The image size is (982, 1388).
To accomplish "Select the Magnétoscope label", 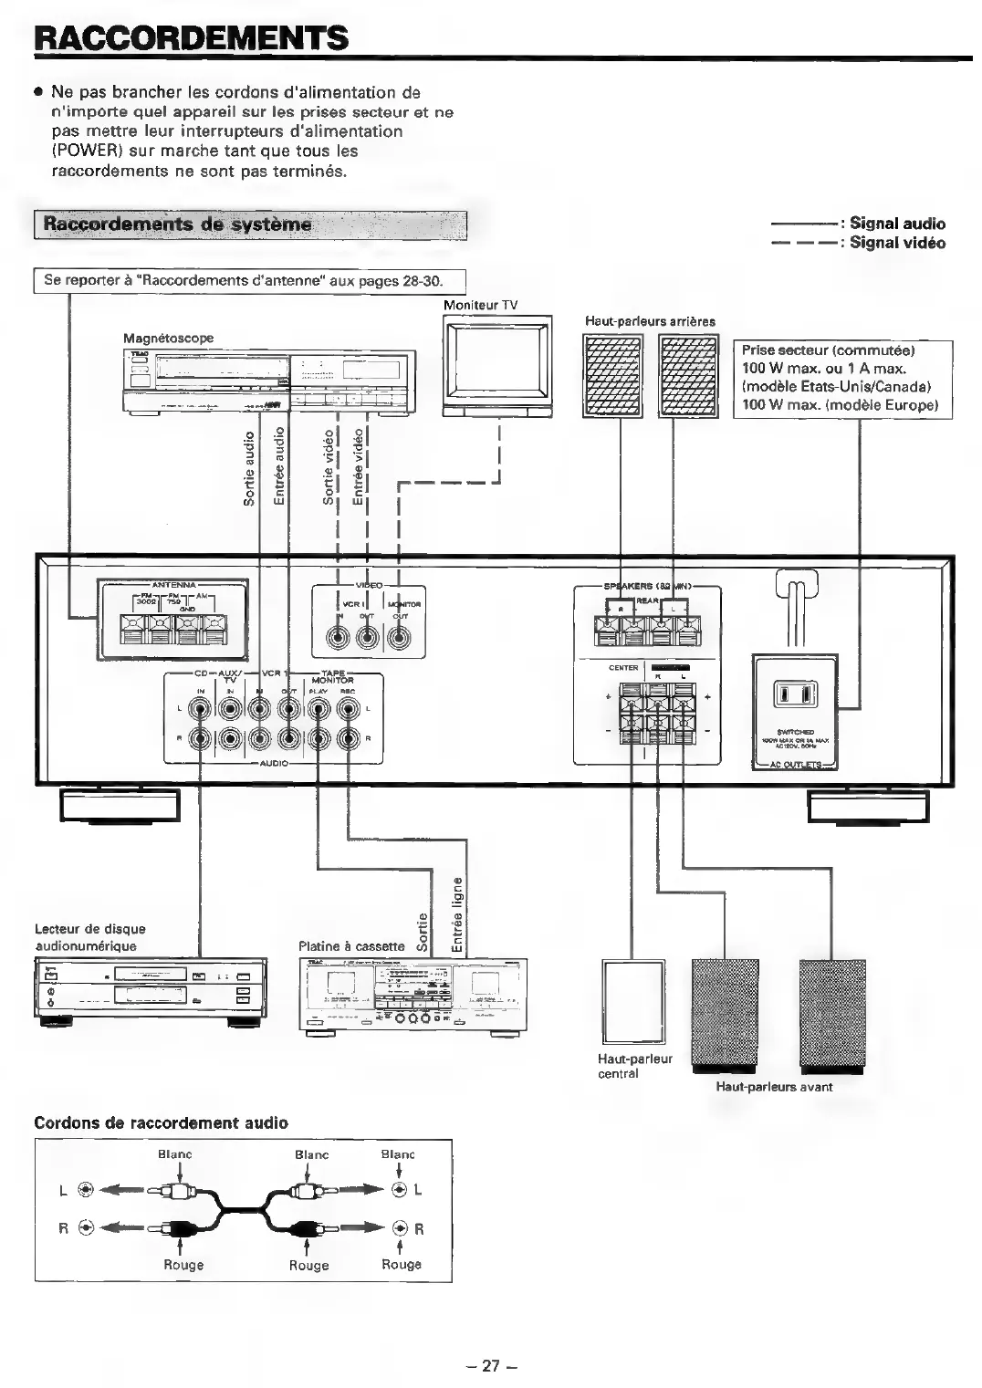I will [169, 338].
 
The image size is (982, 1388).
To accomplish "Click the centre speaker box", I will [633, 1001].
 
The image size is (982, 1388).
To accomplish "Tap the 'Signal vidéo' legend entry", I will [897, 243].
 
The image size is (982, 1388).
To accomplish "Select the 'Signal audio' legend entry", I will [897, 224].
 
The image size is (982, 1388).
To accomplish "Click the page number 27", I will [491, 1365].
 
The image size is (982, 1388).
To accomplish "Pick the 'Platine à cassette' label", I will [351, 946].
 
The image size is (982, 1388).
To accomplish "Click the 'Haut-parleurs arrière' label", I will [650, 321].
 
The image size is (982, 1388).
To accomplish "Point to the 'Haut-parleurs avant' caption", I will [774, 1087].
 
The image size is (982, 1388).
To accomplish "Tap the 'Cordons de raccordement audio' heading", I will [161, 1122].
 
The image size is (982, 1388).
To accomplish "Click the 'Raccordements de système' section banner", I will [178, 224].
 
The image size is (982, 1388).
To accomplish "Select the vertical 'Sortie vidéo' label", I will [329, 466].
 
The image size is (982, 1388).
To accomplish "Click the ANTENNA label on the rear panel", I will [173, 585].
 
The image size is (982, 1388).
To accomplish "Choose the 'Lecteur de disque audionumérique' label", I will [89, 937].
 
